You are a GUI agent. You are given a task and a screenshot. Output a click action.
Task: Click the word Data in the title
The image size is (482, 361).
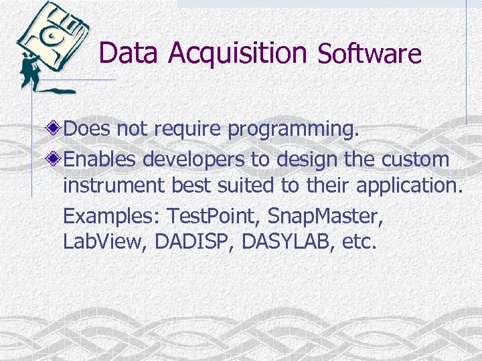(130, 53)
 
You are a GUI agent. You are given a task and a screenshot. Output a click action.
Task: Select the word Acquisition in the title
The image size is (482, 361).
(238, 53)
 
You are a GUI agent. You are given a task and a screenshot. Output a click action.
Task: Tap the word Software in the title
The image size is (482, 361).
(370, 53)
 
